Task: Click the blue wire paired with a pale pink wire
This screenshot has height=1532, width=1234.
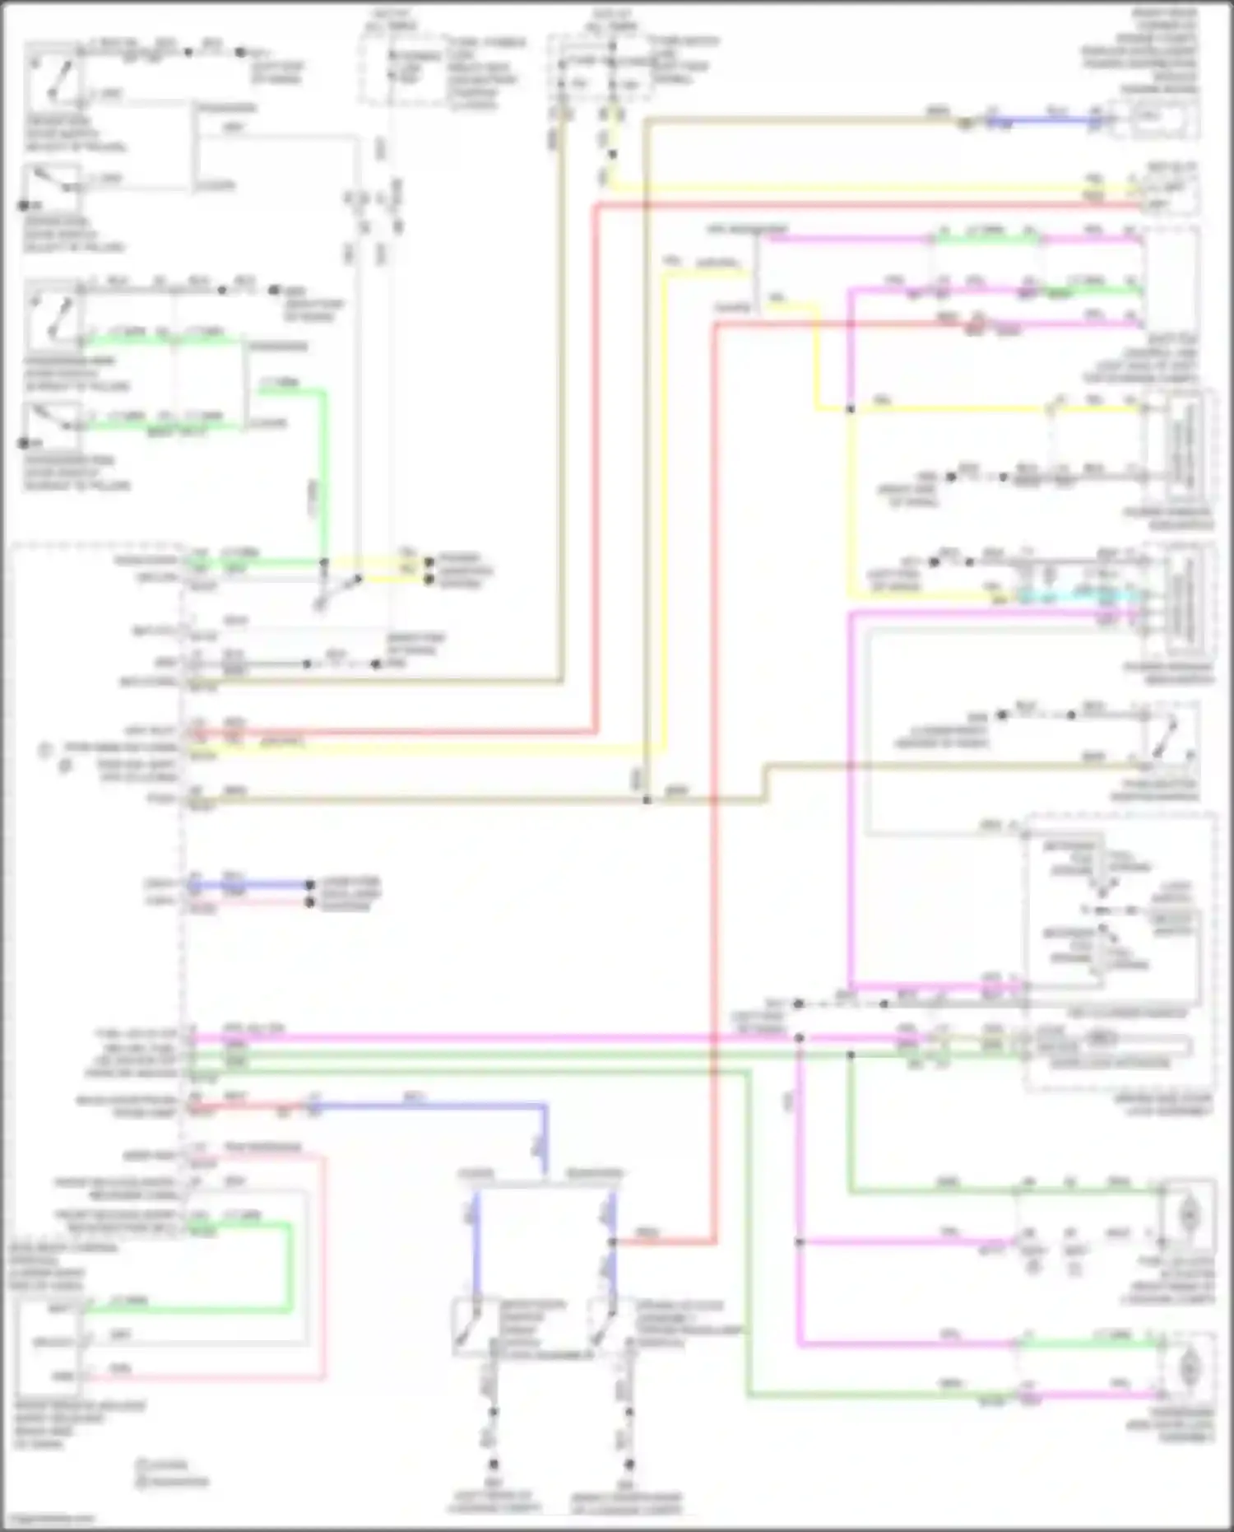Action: [x=247, y=885]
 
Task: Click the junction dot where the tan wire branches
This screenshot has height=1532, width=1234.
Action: [x=647, y=799]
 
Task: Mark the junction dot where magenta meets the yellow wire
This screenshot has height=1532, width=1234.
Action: [x=850, y=409]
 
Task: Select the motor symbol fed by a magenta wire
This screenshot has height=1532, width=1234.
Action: [x=1188, y=1368]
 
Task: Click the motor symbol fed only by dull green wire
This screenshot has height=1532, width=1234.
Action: [x=1188, y=1213]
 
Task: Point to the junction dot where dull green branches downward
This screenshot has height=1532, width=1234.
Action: [x=850, y=1055]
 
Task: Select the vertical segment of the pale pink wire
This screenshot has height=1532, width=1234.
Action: [x=323, y=1268]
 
